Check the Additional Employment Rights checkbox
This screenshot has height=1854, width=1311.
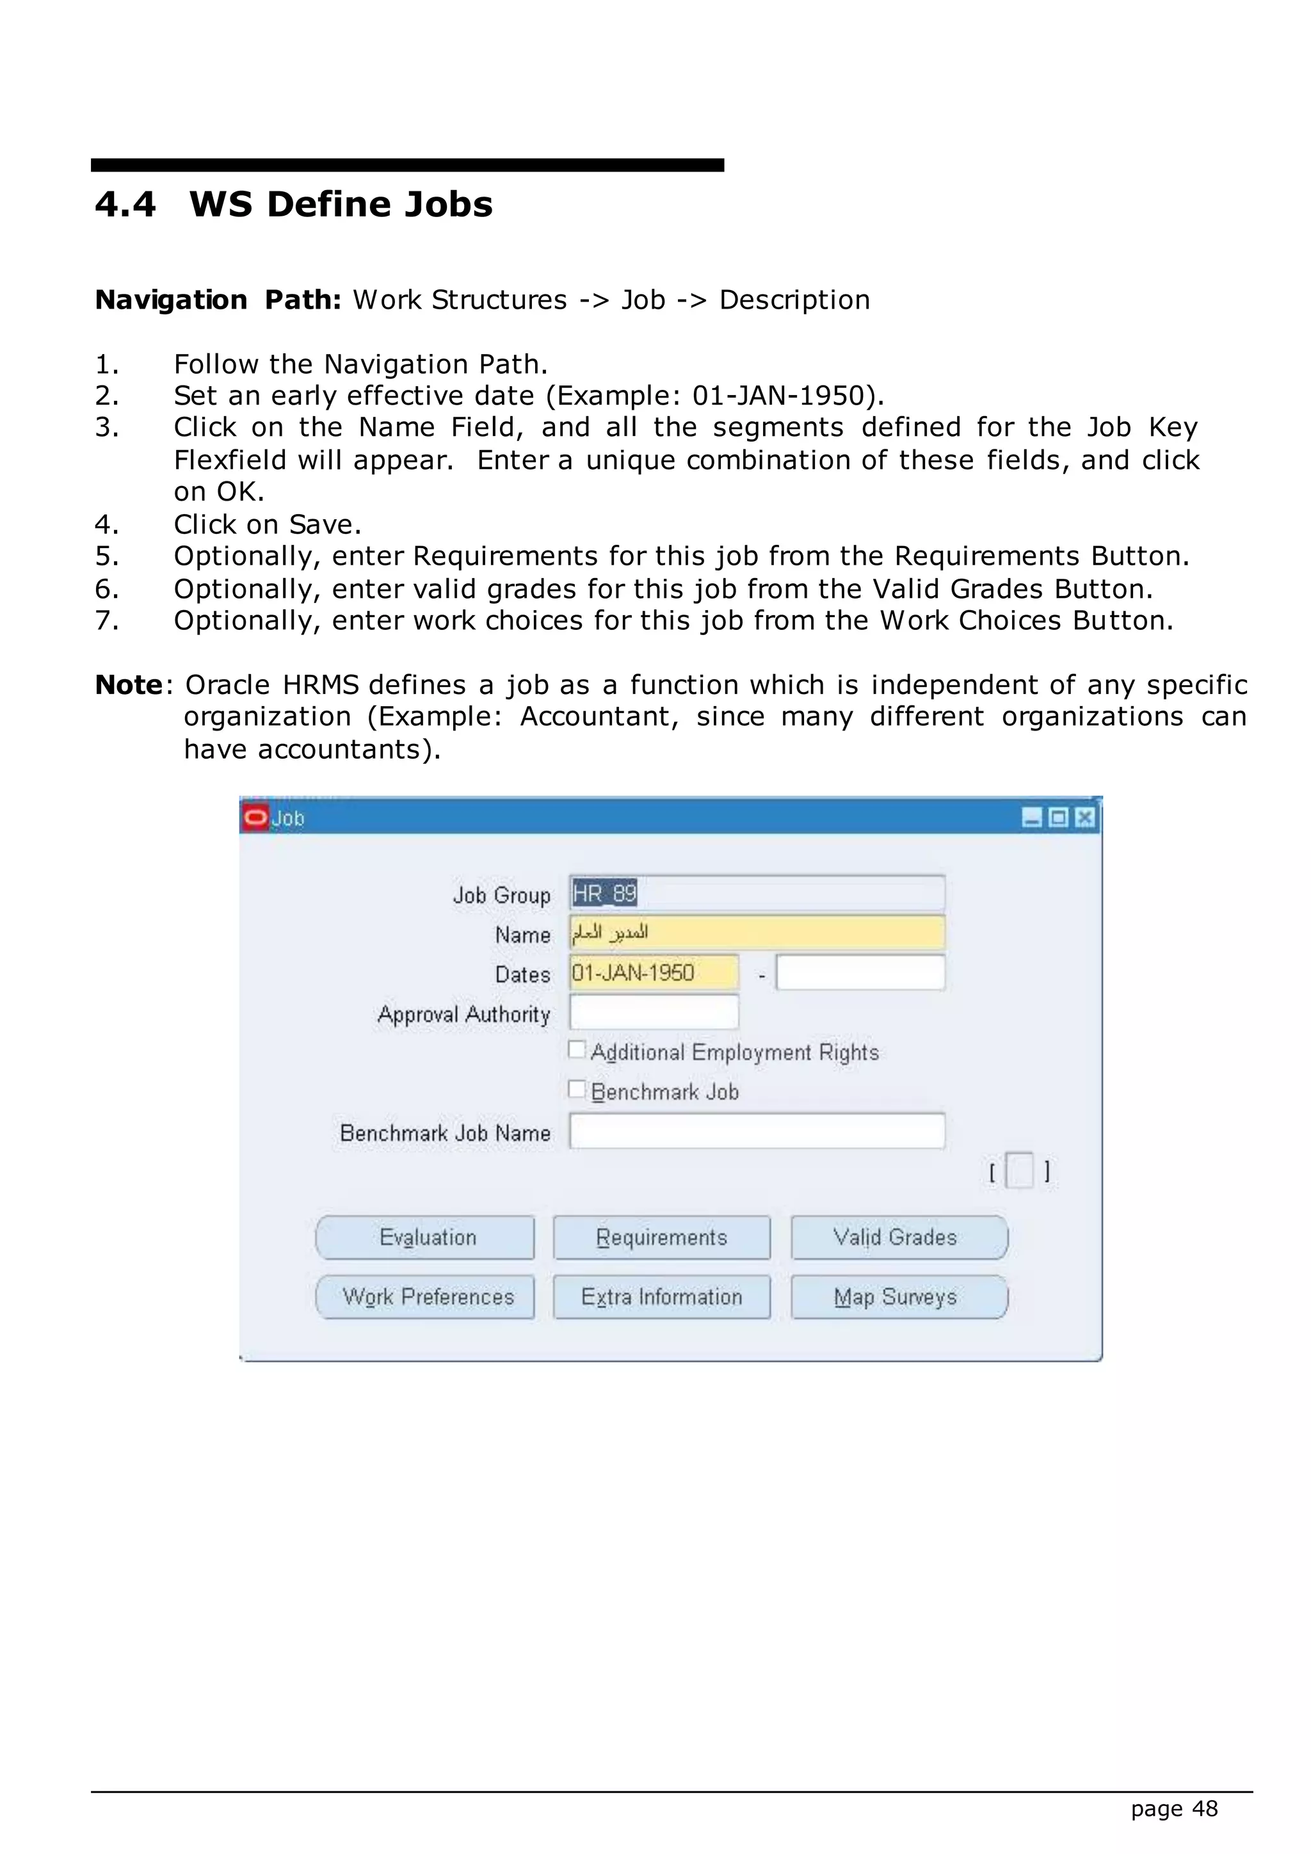(576, 1050)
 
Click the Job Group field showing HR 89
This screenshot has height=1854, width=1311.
(757, 893)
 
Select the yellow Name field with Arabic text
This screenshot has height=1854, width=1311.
(757, 933)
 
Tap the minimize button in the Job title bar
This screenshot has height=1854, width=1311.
(1032, 818)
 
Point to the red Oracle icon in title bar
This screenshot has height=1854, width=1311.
(255, 817)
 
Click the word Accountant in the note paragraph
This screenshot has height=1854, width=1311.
(597, 717)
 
